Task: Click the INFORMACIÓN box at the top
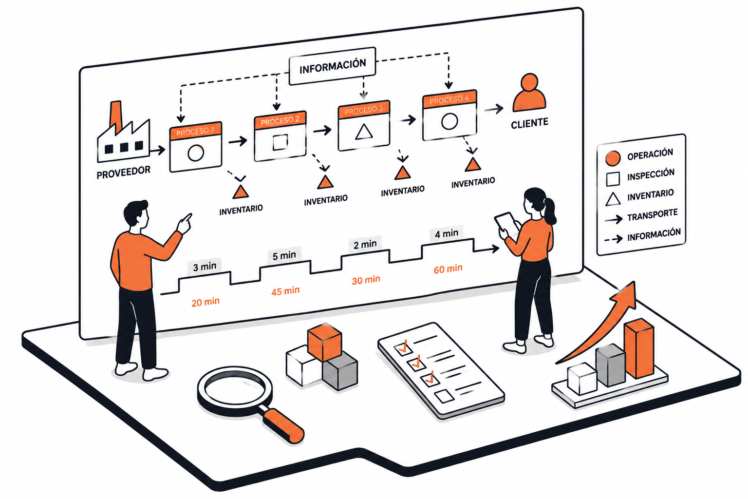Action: tap(332, 66)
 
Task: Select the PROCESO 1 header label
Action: tap(195, 132)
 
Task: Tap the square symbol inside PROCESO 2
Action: tap(280, 142)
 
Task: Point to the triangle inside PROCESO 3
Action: tap(364, 132)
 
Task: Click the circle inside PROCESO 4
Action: tap(449, 121)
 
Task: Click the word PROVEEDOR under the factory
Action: tap(124, 173)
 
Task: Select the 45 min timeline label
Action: tap(285, 291)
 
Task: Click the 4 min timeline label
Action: tap(447, 233)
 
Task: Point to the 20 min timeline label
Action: tap(206, 302)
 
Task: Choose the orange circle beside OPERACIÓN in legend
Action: tap(613, 158)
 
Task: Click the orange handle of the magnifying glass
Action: tap(283, 426)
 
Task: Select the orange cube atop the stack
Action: tap(325, 342)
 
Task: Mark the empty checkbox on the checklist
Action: tap(444, 396)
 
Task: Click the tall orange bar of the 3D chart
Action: tap(639, 349)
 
